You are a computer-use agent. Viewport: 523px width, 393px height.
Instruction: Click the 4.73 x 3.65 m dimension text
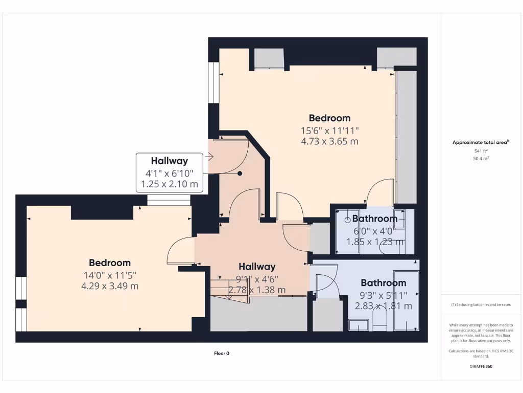coord(329,141)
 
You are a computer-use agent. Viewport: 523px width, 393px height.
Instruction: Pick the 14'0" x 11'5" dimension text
coord(110,275)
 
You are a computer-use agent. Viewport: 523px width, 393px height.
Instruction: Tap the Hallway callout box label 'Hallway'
coord(169,161)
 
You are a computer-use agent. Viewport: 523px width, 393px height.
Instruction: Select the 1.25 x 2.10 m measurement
coord(169,184)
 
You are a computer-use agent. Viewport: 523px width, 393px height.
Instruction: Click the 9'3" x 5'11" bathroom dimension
coord(384,295)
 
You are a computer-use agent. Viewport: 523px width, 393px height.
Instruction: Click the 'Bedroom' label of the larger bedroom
coord(329,118)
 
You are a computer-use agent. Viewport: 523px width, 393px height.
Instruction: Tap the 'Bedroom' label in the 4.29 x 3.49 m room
coord(110,263)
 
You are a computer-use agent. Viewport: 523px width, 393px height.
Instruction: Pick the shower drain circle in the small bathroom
coord(348,220)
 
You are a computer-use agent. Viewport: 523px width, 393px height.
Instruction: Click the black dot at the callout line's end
coord(240,173)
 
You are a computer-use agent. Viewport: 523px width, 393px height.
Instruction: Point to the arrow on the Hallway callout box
coord(209,158)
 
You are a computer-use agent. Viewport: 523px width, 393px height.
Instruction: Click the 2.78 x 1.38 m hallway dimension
coord(257,290)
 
